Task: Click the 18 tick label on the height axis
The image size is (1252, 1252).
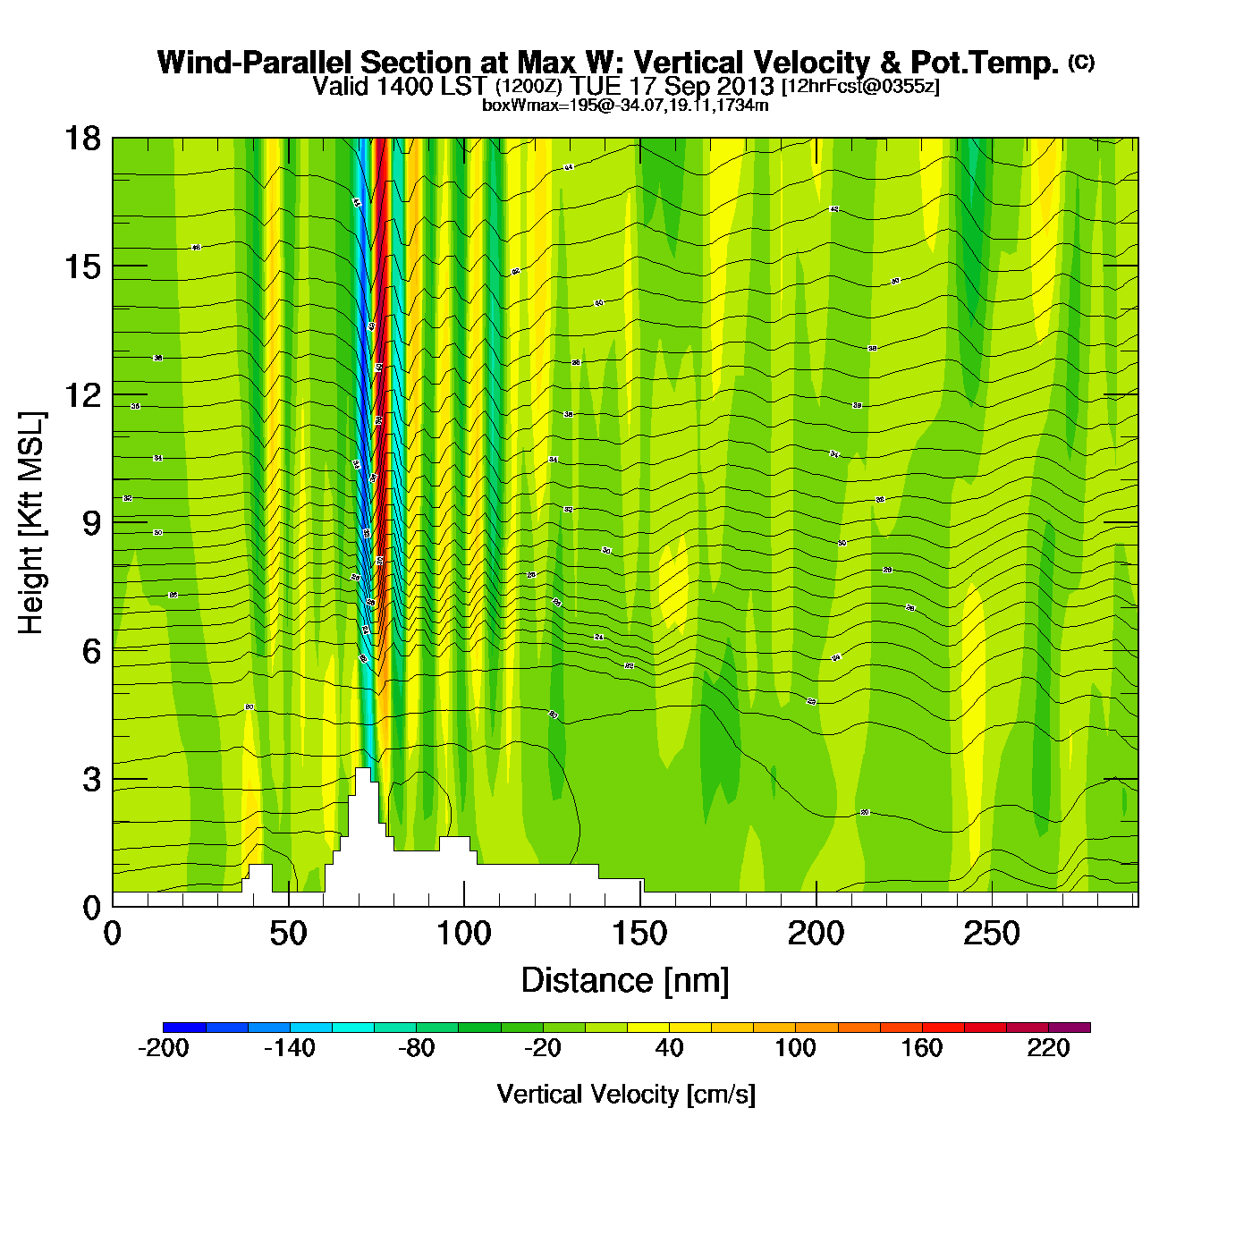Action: pos(81,139)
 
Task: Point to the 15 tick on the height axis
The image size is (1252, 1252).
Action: pos(81,266)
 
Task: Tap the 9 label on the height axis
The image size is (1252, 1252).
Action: pos(91,523)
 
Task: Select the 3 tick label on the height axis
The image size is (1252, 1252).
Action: pos(91,780)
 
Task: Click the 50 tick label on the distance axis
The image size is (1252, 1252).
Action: pos(288,935)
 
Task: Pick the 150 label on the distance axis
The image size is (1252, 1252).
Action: pos(639,935)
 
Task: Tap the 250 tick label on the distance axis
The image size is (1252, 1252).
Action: pos(991,935)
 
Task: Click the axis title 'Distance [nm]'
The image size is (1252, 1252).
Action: pos(625,980)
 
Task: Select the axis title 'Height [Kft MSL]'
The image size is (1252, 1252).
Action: pos(31,523)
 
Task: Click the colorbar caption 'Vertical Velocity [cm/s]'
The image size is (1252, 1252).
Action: pos(626,1094)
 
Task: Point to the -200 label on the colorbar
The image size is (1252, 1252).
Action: pos(164,1048)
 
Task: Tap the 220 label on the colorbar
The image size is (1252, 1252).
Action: pos(1048,1048)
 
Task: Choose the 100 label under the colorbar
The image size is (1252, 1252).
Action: pos(795,1048)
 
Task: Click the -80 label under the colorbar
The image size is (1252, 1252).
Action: pos(416,1048)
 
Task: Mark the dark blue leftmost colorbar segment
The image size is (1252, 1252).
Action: pos(184,1028)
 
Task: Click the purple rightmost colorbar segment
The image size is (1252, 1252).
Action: pos(1070,1028)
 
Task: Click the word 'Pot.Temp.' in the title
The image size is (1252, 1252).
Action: pos(985,63)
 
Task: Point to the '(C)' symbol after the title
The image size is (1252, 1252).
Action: pos(1081,62)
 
